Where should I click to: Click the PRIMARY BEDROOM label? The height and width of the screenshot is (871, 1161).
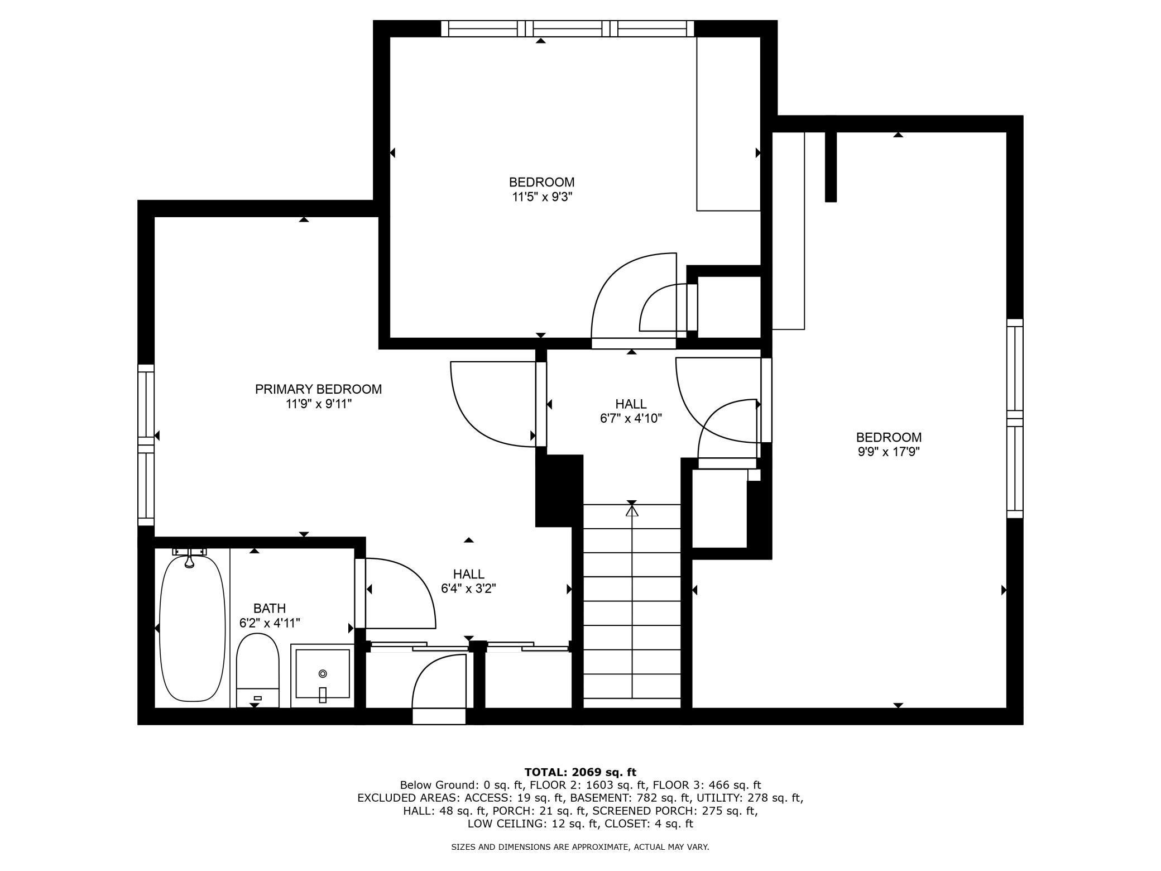[318, 389]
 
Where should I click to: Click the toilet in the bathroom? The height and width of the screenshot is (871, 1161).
[257, 670]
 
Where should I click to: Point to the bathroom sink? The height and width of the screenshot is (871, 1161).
[322, 674]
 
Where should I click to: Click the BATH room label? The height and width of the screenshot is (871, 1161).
[270, 608]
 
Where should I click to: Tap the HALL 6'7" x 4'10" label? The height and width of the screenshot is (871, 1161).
[631, 411]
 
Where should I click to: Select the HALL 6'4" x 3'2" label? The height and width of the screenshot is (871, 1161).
[468, 581]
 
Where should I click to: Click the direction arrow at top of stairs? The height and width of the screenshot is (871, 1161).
[632, 510]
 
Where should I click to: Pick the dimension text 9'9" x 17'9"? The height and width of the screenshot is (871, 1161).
[889, 452]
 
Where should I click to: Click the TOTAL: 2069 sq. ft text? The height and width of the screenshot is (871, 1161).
[580, 773]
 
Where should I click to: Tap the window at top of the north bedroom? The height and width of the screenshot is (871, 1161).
[567, 28]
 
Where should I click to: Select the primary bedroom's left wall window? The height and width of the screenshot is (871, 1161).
[146, 444]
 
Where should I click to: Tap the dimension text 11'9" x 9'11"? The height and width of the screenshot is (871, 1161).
[318, 404]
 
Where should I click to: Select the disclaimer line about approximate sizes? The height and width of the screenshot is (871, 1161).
[580, 847]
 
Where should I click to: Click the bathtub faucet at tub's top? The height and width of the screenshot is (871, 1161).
[189, 557]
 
